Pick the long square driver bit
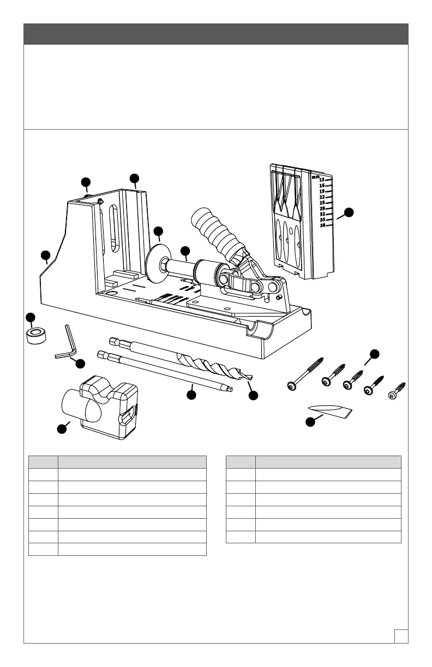pos(164,371)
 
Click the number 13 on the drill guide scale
pos(322,180)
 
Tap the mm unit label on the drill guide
pos(315,176)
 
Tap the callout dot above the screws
pos(374,354)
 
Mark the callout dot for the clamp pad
pos(158,231)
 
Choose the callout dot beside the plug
pos(310,421)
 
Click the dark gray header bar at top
pos(216,34)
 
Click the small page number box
pos(401,636)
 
